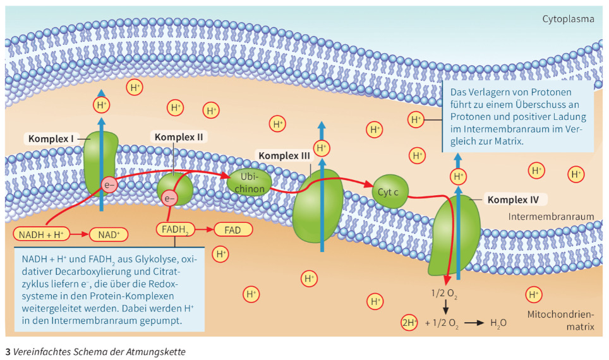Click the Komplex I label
[51, 138]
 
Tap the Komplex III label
[282, 155]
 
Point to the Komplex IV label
[513, 200]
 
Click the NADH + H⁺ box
[42, 234]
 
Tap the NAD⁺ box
[109, 234]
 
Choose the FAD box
[232, 229]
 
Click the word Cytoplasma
[568, 19]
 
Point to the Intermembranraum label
[552, 217]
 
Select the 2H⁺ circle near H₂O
[410, 323]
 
